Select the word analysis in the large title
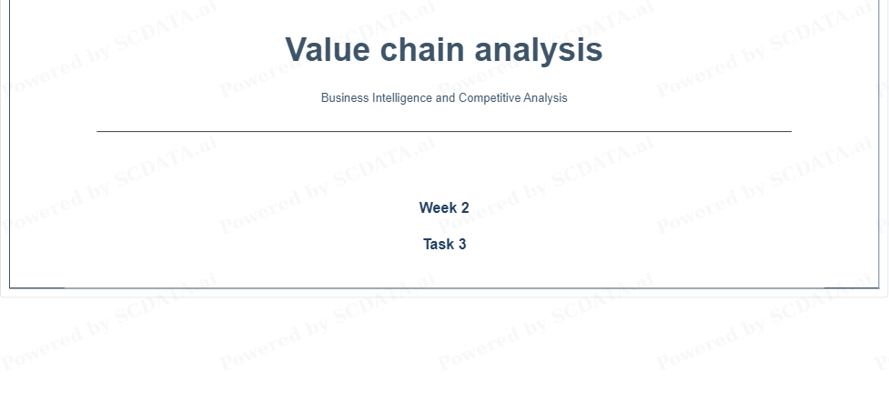click(538, 51)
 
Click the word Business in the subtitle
click(345, 97)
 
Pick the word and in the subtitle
click(446, 97)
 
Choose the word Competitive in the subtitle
click(490, 98)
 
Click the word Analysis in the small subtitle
click(545, 98)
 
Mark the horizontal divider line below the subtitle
click(444, 132)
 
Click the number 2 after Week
click(465, 207)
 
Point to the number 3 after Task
click(462, 244)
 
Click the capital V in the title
click(298, 49)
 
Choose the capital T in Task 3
click(428, 244)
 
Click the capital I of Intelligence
click(374, 97)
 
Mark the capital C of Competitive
click(463, 97)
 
